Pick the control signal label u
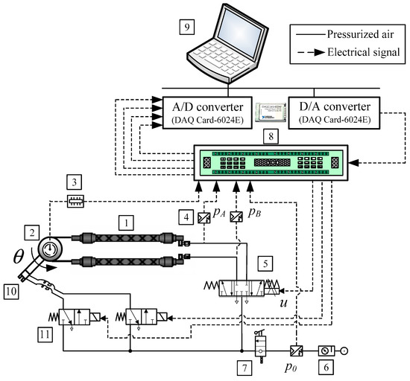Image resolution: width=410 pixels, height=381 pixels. click(x=283, y=304)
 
